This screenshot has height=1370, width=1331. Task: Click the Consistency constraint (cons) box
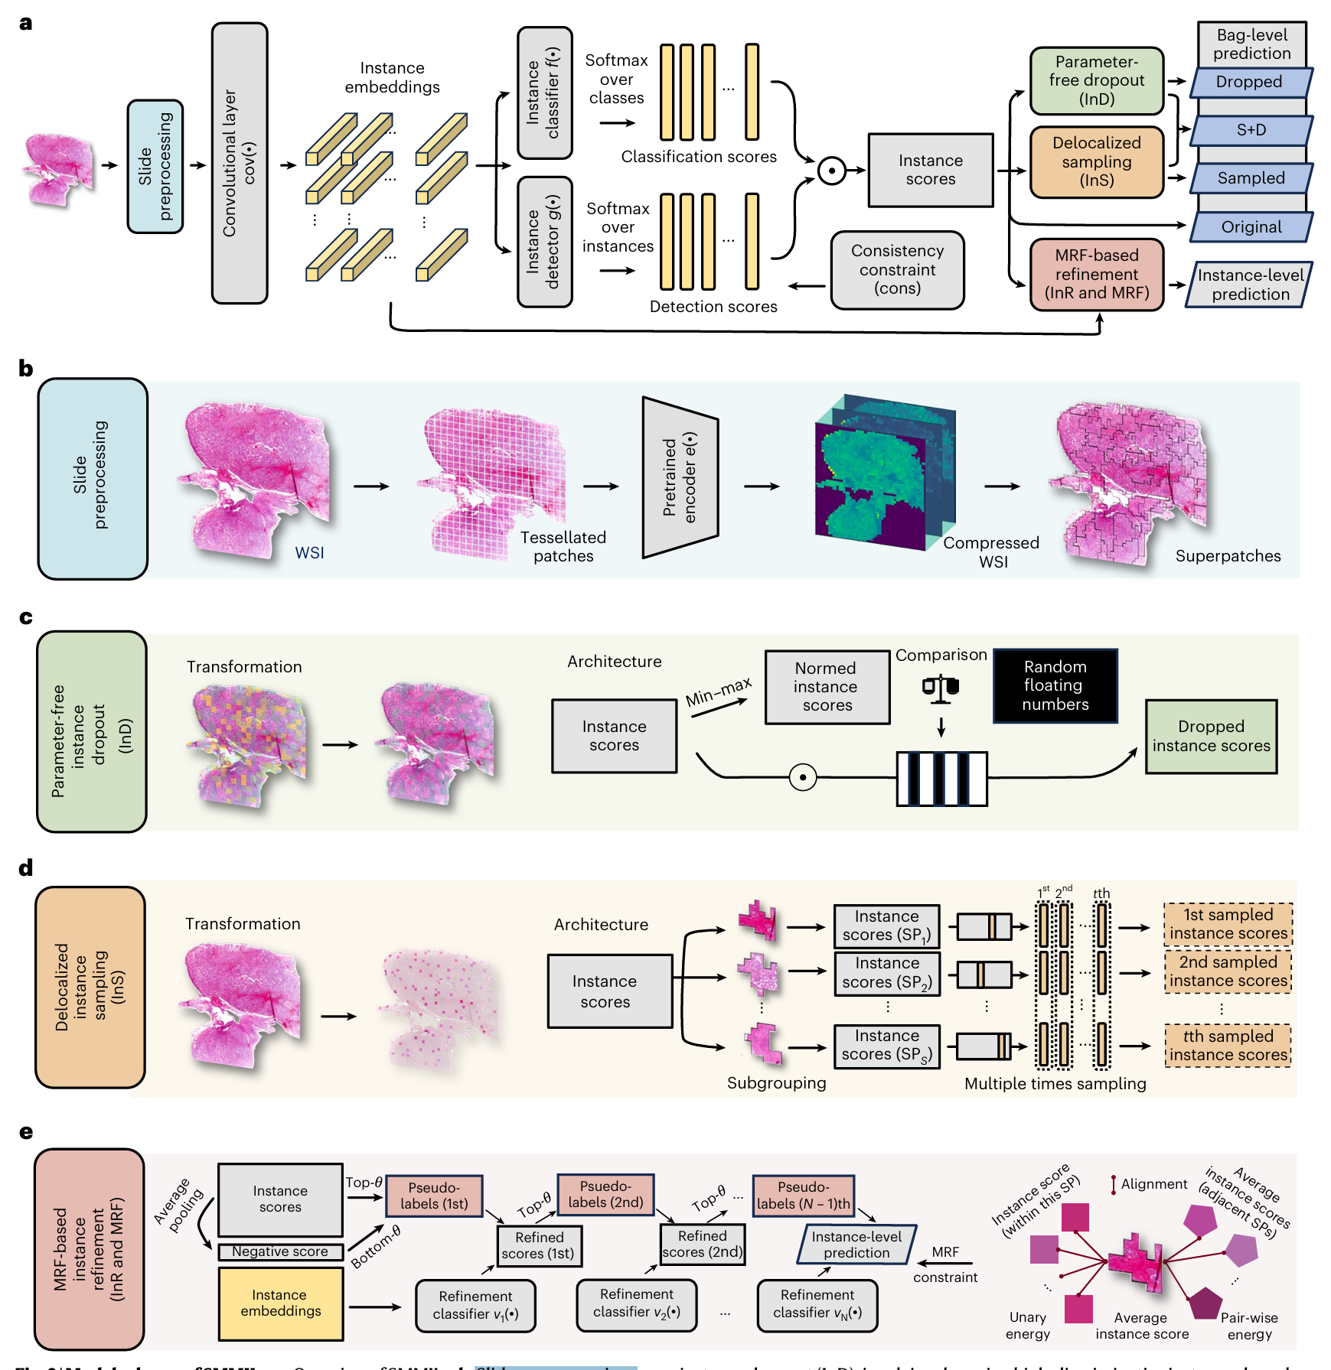coord(897,270)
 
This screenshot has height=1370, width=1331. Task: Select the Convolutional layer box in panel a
coord(240,163)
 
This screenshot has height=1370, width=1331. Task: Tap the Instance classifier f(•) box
coord(544,93)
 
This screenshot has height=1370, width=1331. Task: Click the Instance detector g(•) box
coord(544,242)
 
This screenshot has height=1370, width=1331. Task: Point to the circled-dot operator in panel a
coord(831,171)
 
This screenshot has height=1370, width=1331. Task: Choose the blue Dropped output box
coord(1250,82)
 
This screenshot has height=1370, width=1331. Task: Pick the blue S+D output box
coord(1251,130)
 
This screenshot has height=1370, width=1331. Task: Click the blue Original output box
coord(1251,227)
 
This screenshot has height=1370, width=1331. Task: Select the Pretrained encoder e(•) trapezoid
coord(680,477)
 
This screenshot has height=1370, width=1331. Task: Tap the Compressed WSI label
coord(991,552)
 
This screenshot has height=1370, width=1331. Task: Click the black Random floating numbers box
coord(1055,685)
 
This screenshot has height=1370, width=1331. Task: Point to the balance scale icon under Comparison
coord(940,688)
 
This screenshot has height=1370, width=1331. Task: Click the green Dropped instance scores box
coord(1211,736)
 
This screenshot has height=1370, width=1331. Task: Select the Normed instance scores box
coord(827,686)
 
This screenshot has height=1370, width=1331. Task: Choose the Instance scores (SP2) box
coord(886,972)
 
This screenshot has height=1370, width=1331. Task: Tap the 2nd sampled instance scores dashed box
coord(1228,971)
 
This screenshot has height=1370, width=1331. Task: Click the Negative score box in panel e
coord(280,1251)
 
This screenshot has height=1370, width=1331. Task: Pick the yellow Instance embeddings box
coord(280,1303)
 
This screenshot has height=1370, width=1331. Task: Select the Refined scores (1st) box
coord(539,1245)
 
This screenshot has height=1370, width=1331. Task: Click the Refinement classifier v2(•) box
coord(636,1303)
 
